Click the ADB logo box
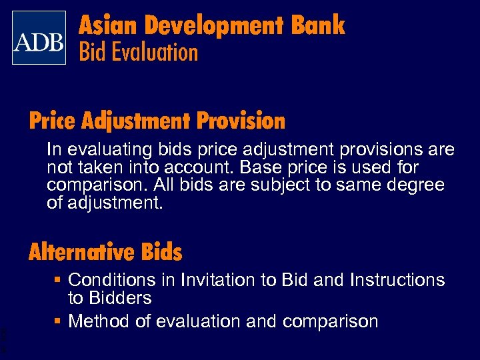click(39, 37)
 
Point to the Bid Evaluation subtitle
click(139, 53)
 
